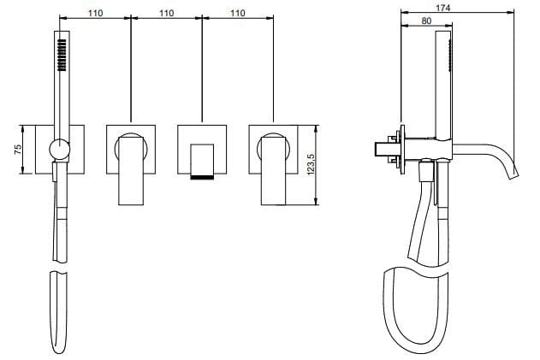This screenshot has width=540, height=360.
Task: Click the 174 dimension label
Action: point(442,7)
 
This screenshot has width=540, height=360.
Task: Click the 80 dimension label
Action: point(426,21)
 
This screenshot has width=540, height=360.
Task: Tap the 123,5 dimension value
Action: point(311,164)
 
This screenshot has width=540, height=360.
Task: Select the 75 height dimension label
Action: point(18,150)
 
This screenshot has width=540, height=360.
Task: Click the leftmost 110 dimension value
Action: point(95,13)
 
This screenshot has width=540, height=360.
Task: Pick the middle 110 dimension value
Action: point(166,13)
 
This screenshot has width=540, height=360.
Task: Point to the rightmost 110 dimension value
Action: point(238,13)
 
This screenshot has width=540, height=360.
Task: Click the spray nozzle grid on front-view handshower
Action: point(62,55)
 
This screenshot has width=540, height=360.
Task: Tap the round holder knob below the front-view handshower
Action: point(60,150)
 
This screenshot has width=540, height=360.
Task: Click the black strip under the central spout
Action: point(202,177)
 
